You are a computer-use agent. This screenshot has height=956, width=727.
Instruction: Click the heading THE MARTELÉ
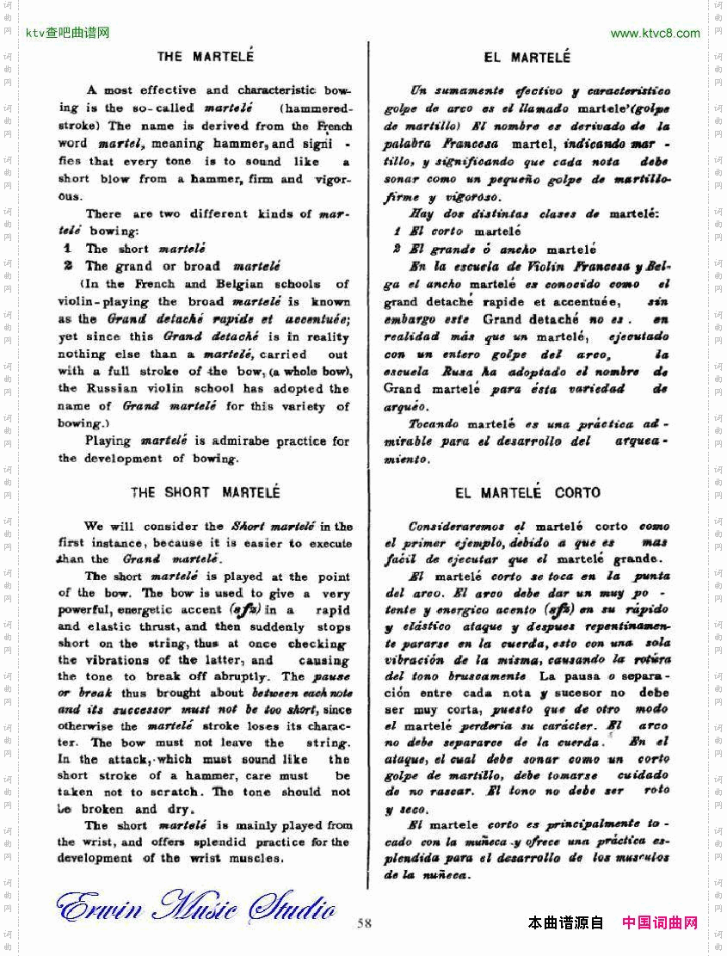tap(205, 57)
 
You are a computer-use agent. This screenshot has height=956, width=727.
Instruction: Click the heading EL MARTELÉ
tap(527, 58)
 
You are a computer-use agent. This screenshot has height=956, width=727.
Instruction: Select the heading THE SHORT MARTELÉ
tap(205, 493)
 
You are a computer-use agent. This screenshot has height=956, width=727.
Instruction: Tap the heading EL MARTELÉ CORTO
tap(527, 493)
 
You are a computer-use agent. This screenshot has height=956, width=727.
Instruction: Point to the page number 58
tap(364, 923)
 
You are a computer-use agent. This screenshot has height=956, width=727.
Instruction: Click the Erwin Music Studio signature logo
tap(195, 907)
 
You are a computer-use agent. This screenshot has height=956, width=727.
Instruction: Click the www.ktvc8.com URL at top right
tap(655, 34)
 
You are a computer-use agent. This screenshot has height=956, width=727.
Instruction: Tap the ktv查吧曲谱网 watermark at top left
tap(68, 34)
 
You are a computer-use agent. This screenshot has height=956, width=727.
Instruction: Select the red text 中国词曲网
tap(659, 923)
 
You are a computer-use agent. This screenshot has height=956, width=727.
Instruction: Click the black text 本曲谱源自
tap(565, 923)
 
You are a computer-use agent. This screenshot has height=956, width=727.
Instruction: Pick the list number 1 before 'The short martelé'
tap(66, 249)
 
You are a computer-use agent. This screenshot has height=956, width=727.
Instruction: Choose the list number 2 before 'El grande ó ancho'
tap(397, 250)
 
